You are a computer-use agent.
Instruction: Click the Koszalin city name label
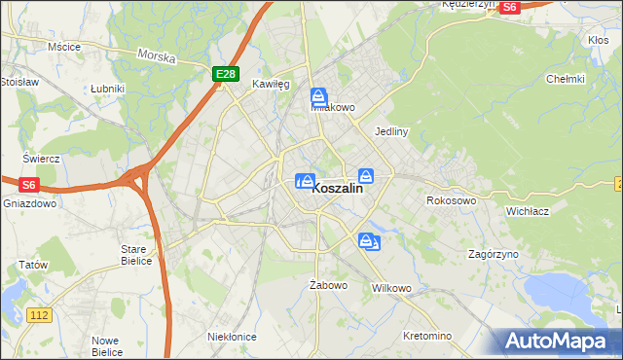[x=337, y=191]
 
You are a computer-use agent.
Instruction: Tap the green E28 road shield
[x=225, y=73]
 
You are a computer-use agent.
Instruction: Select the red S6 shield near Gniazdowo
[x=27, y=184]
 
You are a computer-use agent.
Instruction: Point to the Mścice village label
[x=63, y=46]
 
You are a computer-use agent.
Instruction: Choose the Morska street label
[x=156, y=57]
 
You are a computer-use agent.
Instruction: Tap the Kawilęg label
[x=272, y=85]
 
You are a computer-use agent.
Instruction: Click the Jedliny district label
[x=390, y=130]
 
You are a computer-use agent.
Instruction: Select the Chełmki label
[x=565, y=79]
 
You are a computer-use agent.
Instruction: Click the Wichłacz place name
[x=530, y=210]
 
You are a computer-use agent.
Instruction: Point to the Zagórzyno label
[x=493, y=254]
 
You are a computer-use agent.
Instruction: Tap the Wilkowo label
[x=392, y=289]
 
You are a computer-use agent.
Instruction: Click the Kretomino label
[x=427, y=336]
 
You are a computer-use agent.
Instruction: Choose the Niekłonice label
[x=232, y=336]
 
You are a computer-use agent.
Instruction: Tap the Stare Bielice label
[x=133, y=255]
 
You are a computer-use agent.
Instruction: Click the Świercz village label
[x=42, y=159]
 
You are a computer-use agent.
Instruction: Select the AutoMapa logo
[x=558, y=342]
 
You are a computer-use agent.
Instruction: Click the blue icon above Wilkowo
[x=368, y=241]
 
